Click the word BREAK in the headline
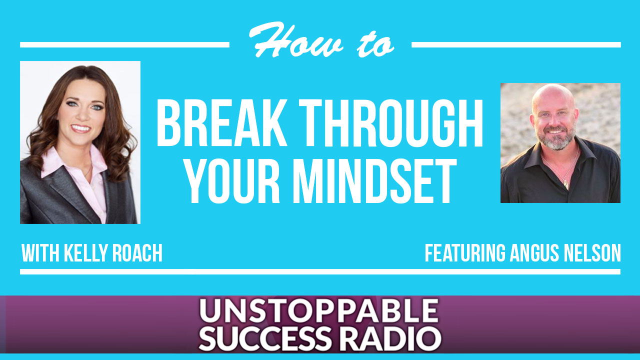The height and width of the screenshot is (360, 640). click(x=221, y=123)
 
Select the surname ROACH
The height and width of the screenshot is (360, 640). click(x=137, y=253)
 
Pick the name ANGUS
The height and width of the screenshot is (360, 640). click(x=534, y=253)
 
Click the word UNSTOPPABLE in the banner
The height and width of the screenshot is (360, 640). click(x=319, y=311)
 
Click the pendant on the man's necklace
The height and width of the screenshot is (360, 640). click(x=566, y=184)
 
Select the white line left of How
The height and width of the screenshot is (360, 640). click(x=124, y=45)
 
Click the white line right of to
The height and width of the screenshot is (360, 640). click(x=516, y=45)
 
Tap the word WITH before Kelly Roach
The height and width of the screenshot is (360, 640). click(x=40, y=253)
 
